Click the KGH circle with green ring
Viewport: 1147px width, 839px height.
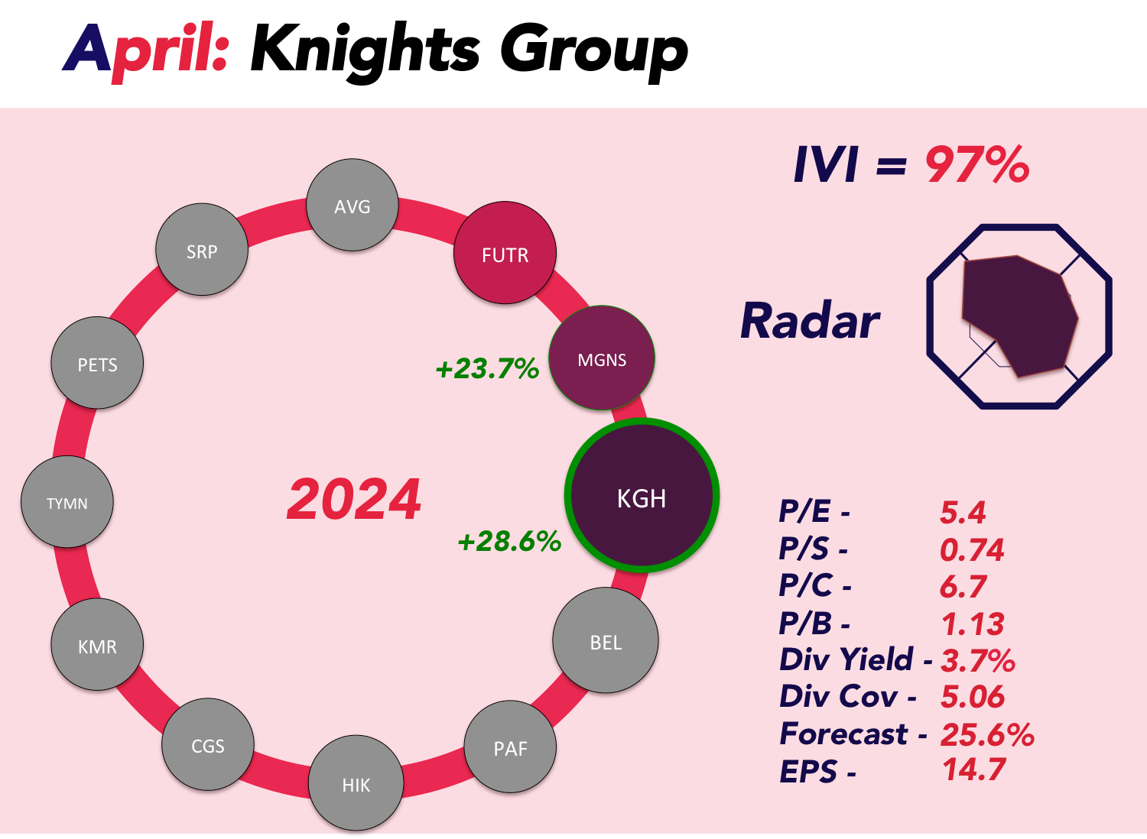click(x=642, y=495)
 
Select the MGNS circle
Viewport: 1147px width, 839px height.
click(x=602, y=358)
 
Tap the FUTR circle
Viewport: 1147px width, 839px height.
click(x=505, y=253)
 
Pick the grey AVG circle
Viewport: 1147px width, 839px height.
click(x=353, y=205)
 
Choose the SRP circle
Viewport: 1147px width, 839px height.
click(x=202, y=250)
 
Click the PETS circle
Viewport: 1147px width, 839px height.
click(x=97, y=363)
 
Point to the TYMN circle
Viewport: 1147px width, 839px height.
click(x=67, y=502)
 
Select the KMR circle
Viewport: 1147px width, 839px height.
click(x=97, y=645)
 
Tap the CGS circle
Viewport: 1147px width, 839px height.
click(x=208, y=744)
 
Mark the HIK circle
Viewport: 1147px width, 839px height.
click(x=356, y=783)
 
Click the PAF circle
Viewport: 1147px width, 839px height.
click(x=510, y=747)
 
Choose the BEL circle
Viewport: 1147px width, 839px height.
click(x=606, y=640)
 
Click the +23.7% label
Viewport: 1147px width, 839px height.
click(x=487, y=368)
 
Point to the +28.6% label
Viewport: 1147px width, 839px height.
click(x=509, y=541)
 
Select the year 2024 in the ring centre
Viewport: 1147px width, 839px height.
click(x=354, y=499)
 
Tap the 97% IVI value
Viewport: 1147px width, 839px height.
click(x=977, y=165)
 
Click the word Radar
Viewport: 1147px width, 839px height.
click(x=810, y=321)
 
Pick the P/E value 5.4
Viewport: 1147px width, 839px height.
click(x=963, y=512)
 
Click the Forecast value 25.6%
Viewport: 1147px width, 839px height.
click(x=987, y=735)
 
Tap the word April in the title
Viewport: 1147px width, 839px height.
click(x=145, y=51)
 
